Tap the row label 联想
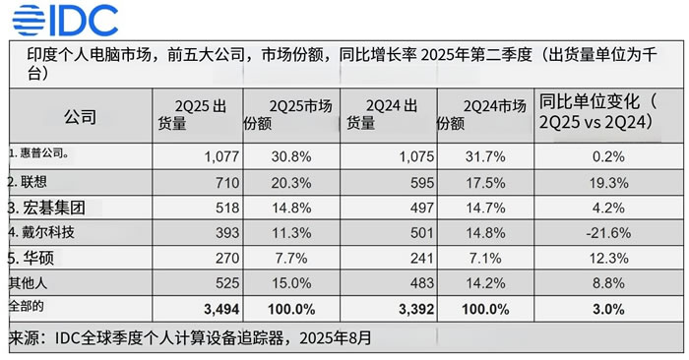click(x=31, y=182)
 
